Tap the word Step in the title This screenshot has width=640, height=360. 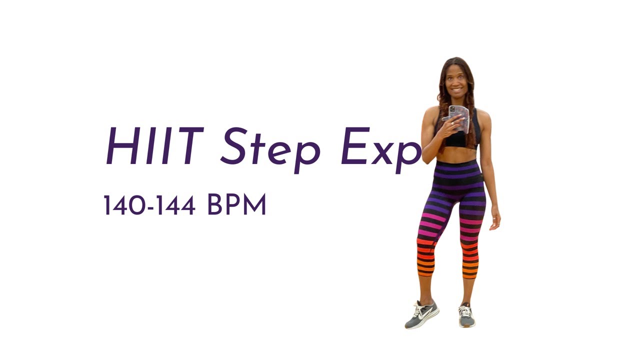pos(270,147)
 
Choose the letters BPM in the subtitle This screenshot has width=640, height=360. pos(236,205)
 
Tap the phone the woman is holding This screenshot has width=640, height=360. pos(459,117)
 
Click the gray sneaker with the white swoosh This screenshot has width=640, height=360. pos(422,314)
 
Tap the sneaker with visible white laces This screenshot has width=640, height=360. pos(466,315)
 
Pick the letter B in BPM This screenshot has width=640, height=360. pos(215,205)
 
